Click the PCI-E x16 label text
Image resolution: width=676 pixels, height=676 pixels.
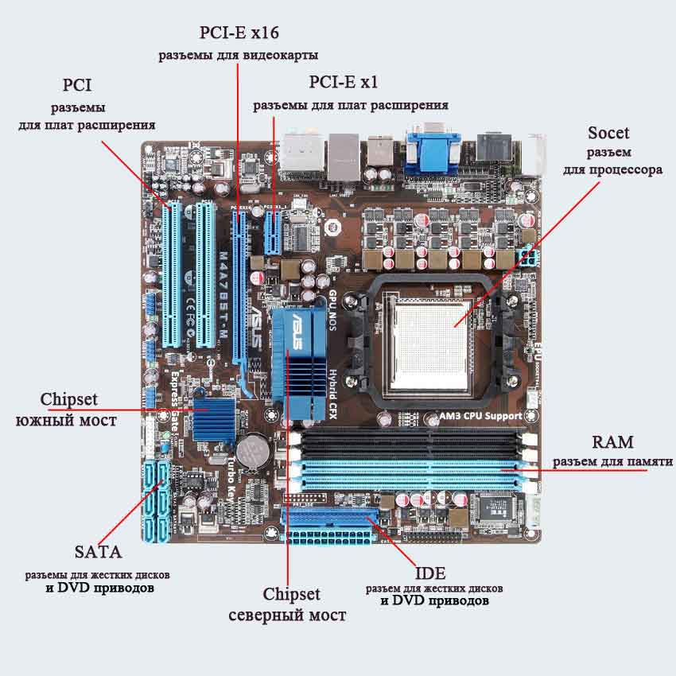click(239, 33)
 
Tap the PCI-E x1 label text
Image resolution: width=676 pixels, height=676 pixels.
click(343, 82)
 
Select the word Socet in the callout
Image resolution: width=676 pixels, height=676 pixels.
click(608, 133)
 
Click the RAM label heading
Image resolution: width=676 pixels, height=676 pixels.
click(613, 442)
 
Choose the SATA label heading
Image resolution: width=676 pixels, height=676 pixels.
click(99, 551)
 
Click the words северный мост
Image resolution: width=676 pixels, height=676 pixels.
click(287, 615)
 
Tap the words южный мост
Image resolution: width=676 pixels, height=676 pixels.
click(66, 419)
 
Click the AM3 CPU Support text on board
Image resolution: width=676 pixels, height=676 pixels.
click(480, 415)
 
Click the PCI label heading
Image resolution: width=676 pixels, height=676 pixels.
click(77, 84)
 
